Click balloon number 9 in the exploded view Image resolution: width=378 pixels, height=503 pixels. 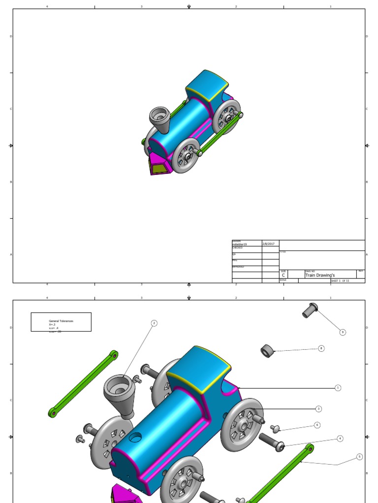(x=343, y=332)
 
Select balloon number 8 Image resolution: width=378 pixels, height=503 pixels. (x=321, y=348)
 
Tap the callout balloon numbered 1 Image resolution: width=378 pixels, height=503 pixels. (x=338, y=388)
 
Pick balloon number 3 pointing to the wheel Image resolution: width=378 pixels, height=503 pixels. (x=318, y=409)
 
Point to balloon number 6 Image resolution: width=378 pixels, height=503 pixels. (x=317, y=425)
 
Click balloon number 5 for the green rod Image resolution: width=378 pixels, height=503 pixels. (x=359, y=457)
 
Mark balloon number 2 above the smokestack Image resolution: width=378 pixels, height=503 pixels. (x=154, y=323)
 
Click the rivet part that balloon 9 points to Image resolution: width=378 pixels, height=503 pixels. (x=310, y=310)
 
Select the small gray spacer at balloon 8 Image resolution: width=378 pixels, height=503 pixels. (x=267, y=351)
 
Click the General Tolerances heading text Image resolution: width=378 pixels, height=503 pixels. (x=61, y=321)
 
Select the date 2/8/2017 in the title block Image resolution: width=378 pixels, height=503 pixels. (x=270, y=244)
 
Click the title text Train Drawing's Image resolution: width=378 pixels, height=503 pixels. (x=319, y=276)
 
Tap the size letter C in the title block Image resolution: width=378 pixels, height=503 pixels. (x=283, y=276)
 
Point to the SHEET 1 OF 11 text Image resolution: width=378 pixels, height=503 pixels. (x=340, y=281)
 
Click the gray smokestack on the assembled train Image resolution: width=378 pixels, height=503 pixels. (x=159, y=120)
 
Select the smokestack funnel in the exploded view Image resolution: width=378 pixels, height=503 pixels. (x=120, y=393)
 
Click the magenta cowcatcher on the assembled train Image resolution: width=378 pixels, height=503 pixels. (x=159, y=164)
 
